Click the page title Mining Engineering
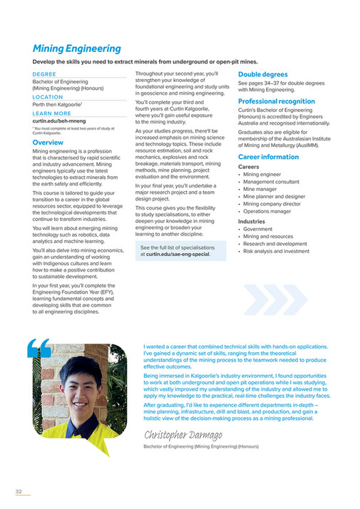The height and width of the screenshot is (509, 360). point(77,49)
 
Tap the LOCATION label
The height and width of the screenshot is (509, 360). point(48,97)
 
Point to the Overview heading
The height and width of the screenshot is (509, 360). point(48,143)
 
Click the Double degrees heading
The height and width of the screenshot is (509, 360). point(263,74)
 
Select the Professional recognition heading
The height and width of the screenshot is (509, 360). point(276,102)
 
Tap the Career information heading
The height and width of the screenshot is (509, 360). point(268,157)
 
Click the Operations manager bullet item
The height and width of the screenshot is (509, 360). point(269,212)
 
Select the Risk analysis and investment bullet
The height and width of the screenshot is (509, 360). point(276,251)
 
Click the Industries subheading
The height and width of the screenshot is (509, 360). point(252,222)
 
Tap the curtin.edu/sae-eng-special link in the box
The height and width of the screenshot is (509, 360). point(178,254)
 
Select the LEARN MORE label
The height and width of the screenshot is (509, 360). point(52,113)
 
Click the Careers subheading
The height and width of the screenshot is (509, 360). point(249,167)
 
